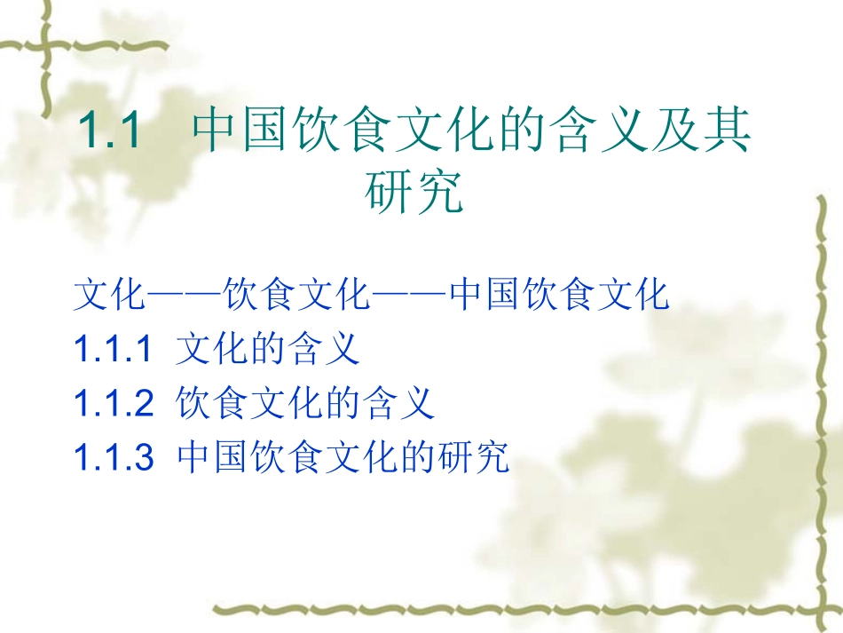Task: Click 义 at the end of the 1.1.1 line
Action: pyautogui.click(x=343, y=349)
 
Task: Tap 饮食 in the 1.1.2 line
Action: pyautogui.click(x=213, y=404)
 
